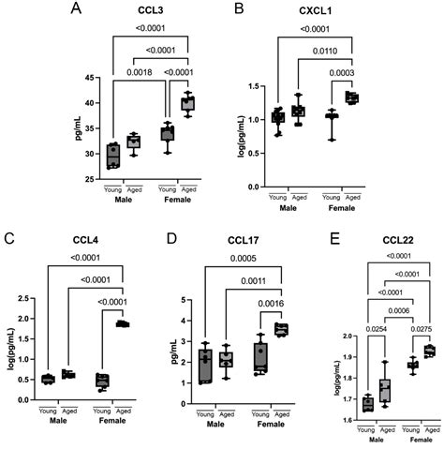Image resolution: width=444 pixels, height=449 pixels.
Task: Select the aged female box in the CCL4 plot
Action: [x=121, y=350]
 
